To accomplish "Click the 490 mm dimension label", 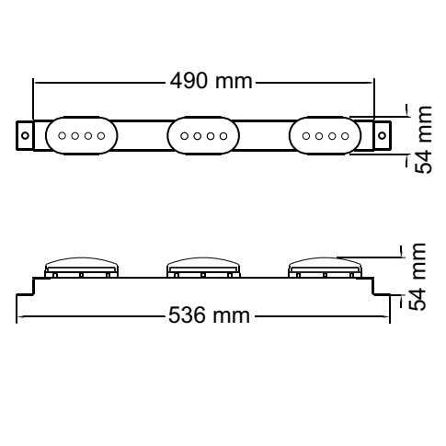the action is coord(212,81).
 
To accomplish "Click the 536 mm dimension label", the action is coord(210,315).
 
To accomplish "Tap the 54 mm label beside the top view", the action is coord(423,140).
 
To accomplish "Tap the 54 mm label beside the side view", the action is coord(417,277).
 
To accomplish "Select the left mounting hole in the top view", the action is coord(25,135).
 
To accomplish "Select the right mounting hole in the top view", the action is coord(382,135).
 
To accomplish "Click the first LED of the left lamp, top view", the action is coord(63,135).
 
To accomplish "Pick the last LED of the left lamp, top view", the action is coord(101,135).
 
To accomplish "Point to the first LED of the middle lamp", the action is coord(184,136).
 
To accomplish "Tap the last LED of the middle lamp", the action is coord(223,136).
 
